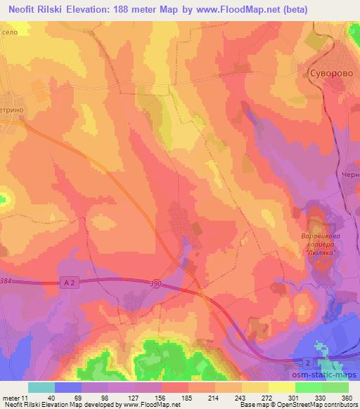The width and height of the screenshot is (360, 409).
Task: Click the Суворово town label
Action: [x=331, y=73]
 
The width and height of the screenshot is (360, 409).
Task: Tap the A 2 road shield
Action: [x=67, y=279]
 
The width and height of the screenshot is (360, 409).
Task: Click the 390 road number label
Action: [x=155, y=283]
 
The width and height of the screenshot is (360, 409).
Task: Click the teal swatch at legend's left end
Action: [x=41, y=387]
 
